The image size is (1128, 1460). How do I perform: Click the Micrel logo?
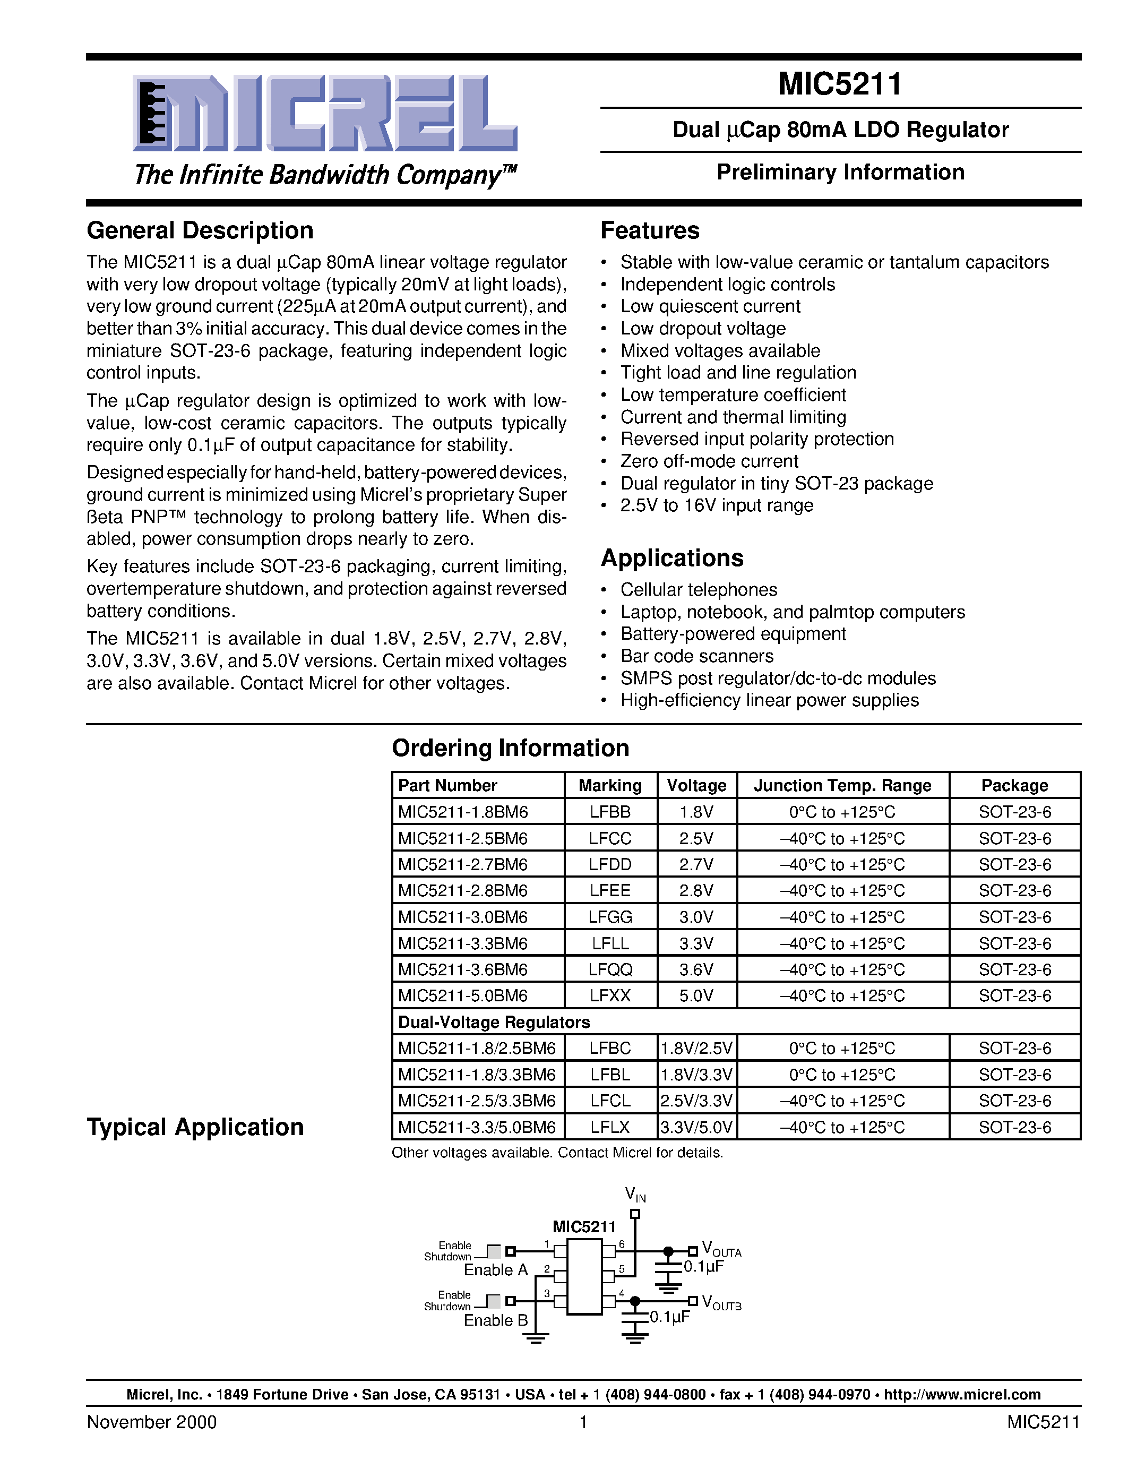pos(325,114)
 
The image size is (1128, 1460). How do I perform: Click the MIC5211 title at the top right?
pos(840,84)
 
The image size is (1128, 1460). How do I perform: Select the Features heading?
pos(650,230)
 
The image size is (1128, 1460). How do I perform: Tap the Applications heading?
pos(671,558)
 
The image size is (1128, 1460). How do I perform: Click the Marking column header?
pos(610,786)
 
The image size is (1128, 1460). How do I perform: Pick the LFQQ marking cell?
pos(610,969)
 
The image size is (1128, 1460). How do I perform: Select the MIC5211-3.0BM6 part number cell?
pos(463,917)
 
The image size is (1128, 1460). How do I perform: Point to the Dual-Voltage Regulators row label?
pos(494,1022)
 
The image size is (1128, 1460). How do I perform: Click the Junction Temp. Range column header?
pos(842,786)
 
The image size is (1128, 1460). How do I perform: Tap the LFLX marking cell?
pos(610,1127)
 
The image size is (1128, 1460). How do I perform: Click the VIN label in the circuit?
pos(635,1194)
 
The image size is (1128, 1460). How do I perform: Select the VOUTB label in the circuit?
pos(721,1303)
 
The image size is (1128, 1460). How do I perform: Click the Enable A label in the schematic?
pos(496,1269)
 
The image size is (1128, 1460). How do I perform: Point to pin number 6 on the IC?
pos(622,1244)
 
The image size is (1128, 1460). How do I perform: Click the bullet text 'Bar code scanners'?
pos(696,656)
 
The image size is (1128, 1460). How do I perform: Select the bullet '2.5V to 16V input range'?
pos(717,505)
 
